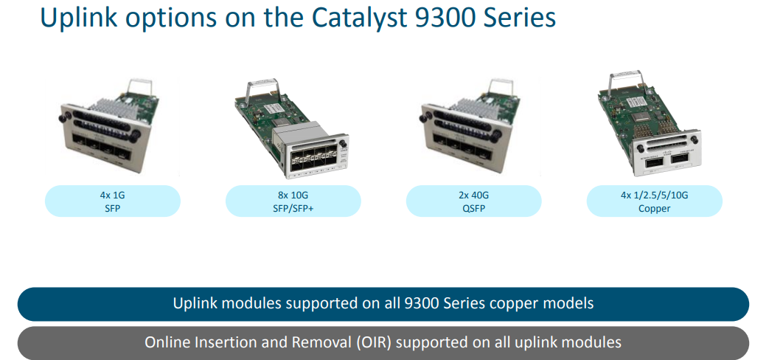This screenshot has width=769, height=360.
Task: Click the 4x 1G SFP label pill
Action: [x=112, y=201]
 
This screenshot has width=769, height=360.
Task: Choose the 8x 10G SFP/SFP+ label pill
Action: [x=293, y=201]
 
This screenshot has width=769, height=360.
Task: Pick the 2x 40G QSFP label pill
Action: [x=473, y=201]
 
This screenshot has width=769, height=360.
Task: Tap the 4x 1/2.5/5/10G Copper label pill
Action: [x=654, y=201]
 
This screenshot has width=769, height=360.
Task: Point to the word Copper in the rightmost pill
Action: [x=654, y=208]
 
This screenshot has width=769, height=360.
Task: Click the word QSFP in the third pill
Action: [x=473, y=208]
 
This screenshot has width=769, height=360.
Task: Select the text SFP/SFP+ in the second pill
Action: [x=293, y=208]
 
